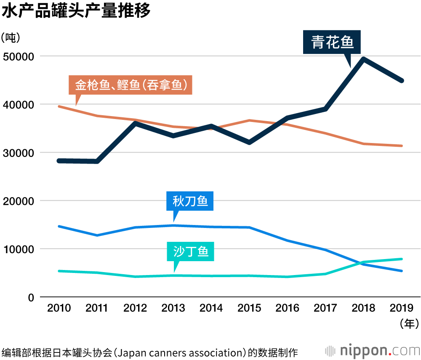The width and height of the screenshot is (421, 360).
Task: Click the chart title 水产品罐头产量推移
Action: pyautogui.click(x=76, y=11)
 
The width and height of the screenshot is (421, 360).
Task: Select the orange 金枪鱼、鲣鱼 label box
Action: pyautogui.click(x=130, y=85)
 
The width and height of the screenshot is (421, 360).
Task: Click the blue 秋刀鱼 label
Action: pyautogui.click(x=190, y=201)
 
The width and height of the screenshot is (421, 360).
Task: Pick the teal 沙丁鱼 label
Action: pyautogui.click(x=191, y=251)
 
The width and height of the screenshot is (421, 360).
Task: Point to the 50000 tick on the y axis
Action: pyautogui.click(x=19, y=56)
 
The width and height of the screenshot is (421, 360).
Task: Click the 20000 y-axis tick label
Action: pyautogui.click(x=19, y=201)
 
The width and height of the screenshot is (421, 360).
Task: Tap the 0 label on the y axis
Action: pyautogui.click(x=30, y=297)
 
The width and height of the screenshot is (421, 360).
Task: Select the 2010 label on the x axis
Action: pyautogui.click(x=59, y=308)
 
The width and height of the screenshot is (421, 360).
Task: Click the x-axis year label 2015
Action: pyautogui.click(x=249, y=308)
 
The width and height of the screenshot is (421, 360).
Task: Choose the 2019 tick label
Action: pyautogui.click(x=402, y=308)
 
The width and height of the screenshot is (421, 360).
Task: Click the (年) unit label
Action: pyautogui.click(x=409, y=323)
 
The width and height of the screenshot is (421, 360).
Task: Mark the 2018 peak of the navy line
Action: pyautogui.click(x=363, y=59)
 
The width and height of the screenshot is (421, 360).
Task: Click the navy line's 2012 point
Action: pyautogui.click(x=135, y=123)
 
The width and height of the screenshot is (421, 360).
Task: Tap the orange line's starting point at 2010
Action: pyautogui.click(x=59, y=106)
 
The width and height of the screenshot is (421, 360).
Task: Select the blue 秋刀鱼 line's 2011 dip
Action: pyautogui.click(x=97, y=235)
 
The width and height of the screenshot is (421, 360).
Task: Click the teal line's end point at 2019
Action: pyautogui.click(x=402, y=259)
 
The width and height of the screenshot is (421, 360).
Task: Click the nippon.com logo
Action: pyautogui.click(x=373, y=350)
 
